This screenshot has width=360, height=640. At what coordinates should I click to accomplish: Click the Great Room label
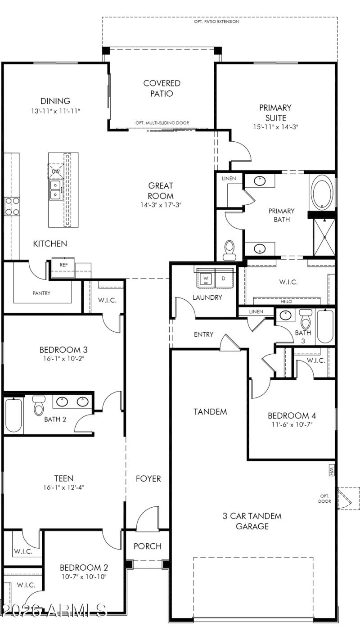tap(161, 191)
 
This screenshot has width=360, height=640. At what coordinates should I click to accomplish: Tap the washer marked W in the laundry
tap(206, 279)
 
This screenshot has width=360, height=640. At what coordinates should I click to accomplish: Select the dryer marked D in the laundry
tap(223, 279)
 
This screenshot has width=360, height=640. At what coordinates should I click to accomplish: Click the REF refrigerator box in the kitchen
tap(64, 265)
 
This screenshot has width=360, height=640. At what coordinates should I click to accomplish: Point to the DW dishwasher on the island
tap(56, 171)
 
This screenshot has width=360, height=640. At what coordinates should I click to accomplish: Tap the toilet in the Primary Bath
tap(229, 249)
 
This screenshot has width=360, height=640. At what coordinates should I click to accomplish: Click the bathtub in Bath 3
tap(325, 326)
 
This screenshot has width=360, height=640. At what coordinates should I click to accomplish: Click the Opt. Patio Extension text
tap(216, 22)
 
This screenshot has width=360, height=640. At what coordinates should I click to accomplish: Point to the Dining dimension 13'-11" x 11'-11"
tap(55, 110)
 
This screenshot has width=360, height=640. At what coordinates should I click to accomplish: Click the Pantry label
tap(41, 293)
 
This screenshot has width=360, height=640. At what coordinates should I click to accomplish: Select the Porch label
tap(148, 546)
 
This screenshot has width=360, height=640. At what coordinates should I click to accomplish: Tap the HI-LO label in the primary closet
tap(287, 302)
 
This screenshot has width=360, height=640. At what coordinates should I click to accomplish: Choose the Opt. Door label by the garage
tap(324, 498)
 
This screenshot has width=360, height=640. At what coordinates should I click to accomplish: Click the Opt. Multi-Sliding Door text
tap(162, 123)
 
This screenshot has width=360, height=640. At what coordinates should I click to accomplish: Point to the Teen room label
tap(63, 478)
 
